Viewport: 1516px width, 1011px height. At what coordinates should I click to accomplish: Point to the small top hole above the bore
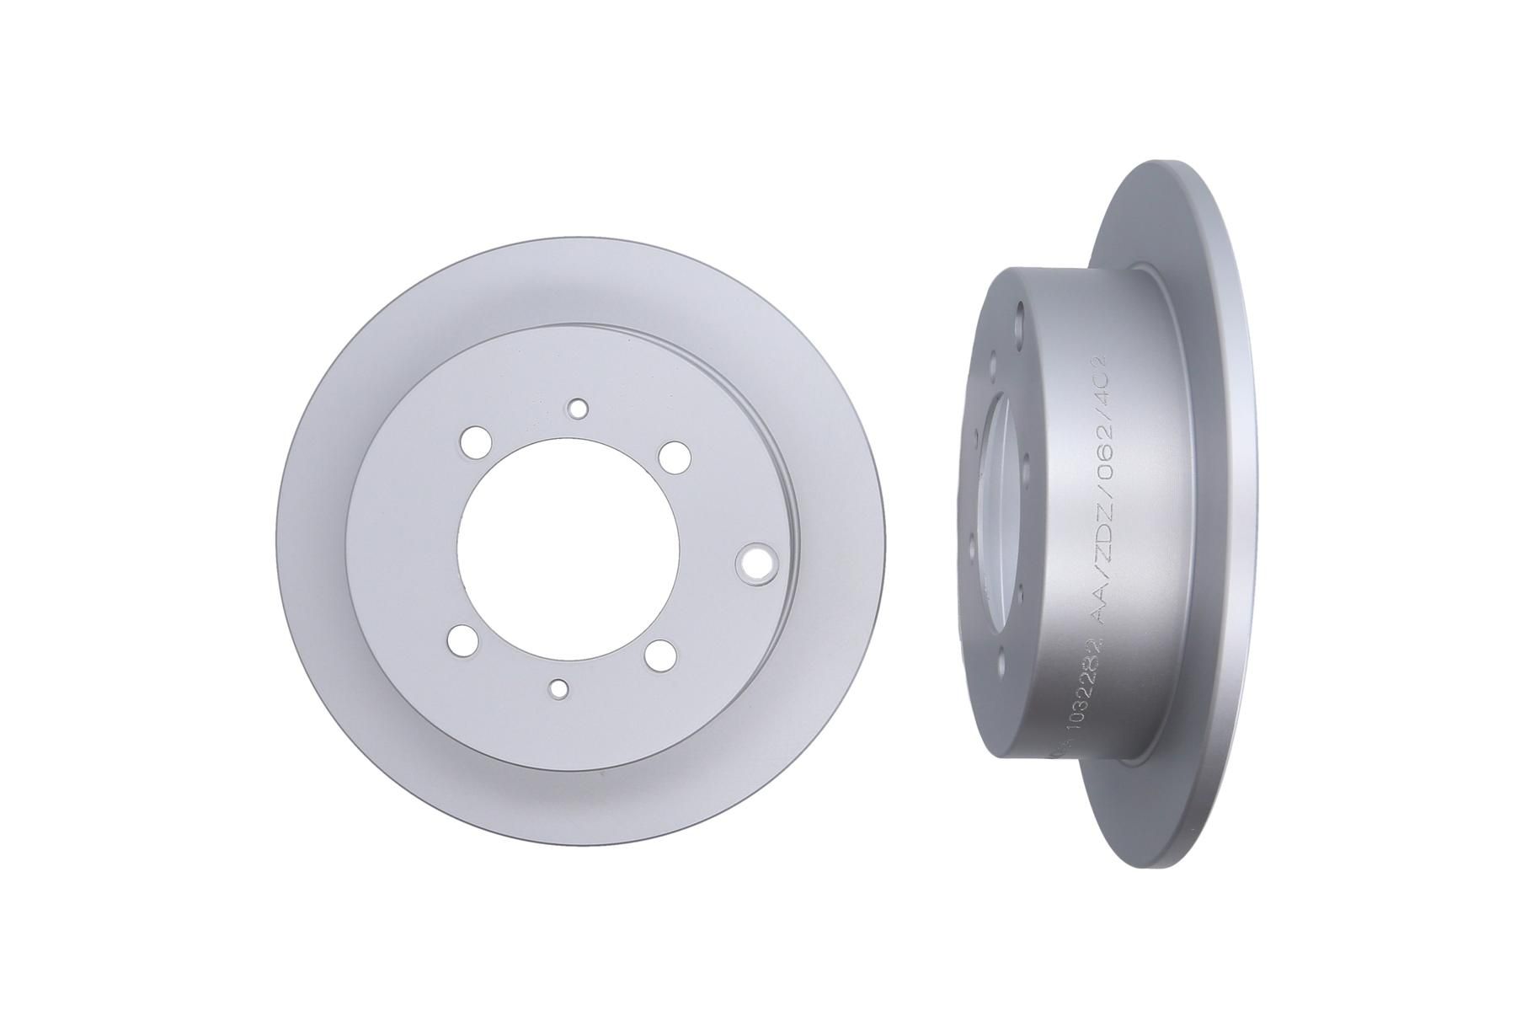click(577, 408)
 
